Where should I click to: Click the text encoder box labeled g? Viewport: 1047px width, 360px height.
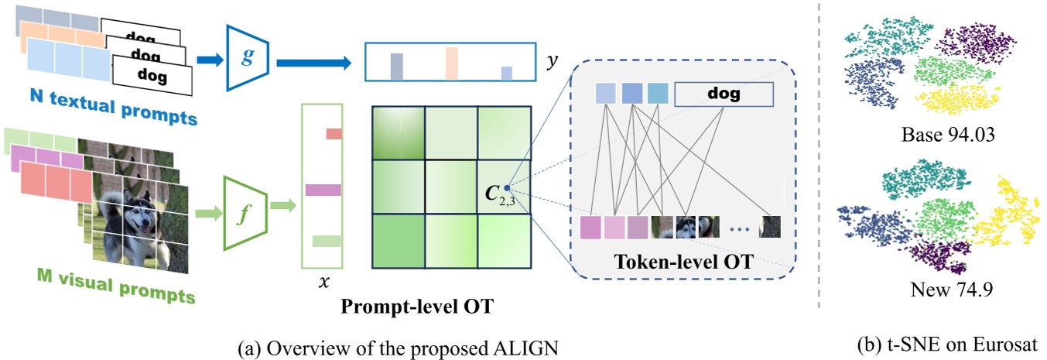(246, 58)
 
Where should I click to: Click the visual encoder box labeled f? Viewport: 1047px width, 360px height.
(244, 211)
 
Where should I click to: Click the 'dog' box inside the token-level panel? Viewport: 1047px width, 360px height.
(724, 94)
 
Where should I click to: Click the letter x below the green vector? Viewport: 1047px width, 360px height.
(323, 282)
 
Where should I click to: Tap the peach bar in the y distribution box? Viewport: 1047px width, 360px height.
(452, 63)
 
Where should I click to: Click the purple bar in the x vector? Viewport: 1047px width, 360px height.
(323, 190)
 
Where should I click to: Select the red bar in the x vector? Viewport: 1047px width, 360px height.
(334, 134)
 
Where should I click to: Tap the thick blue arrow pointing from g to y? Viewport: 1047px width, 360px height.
(313, 58)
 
